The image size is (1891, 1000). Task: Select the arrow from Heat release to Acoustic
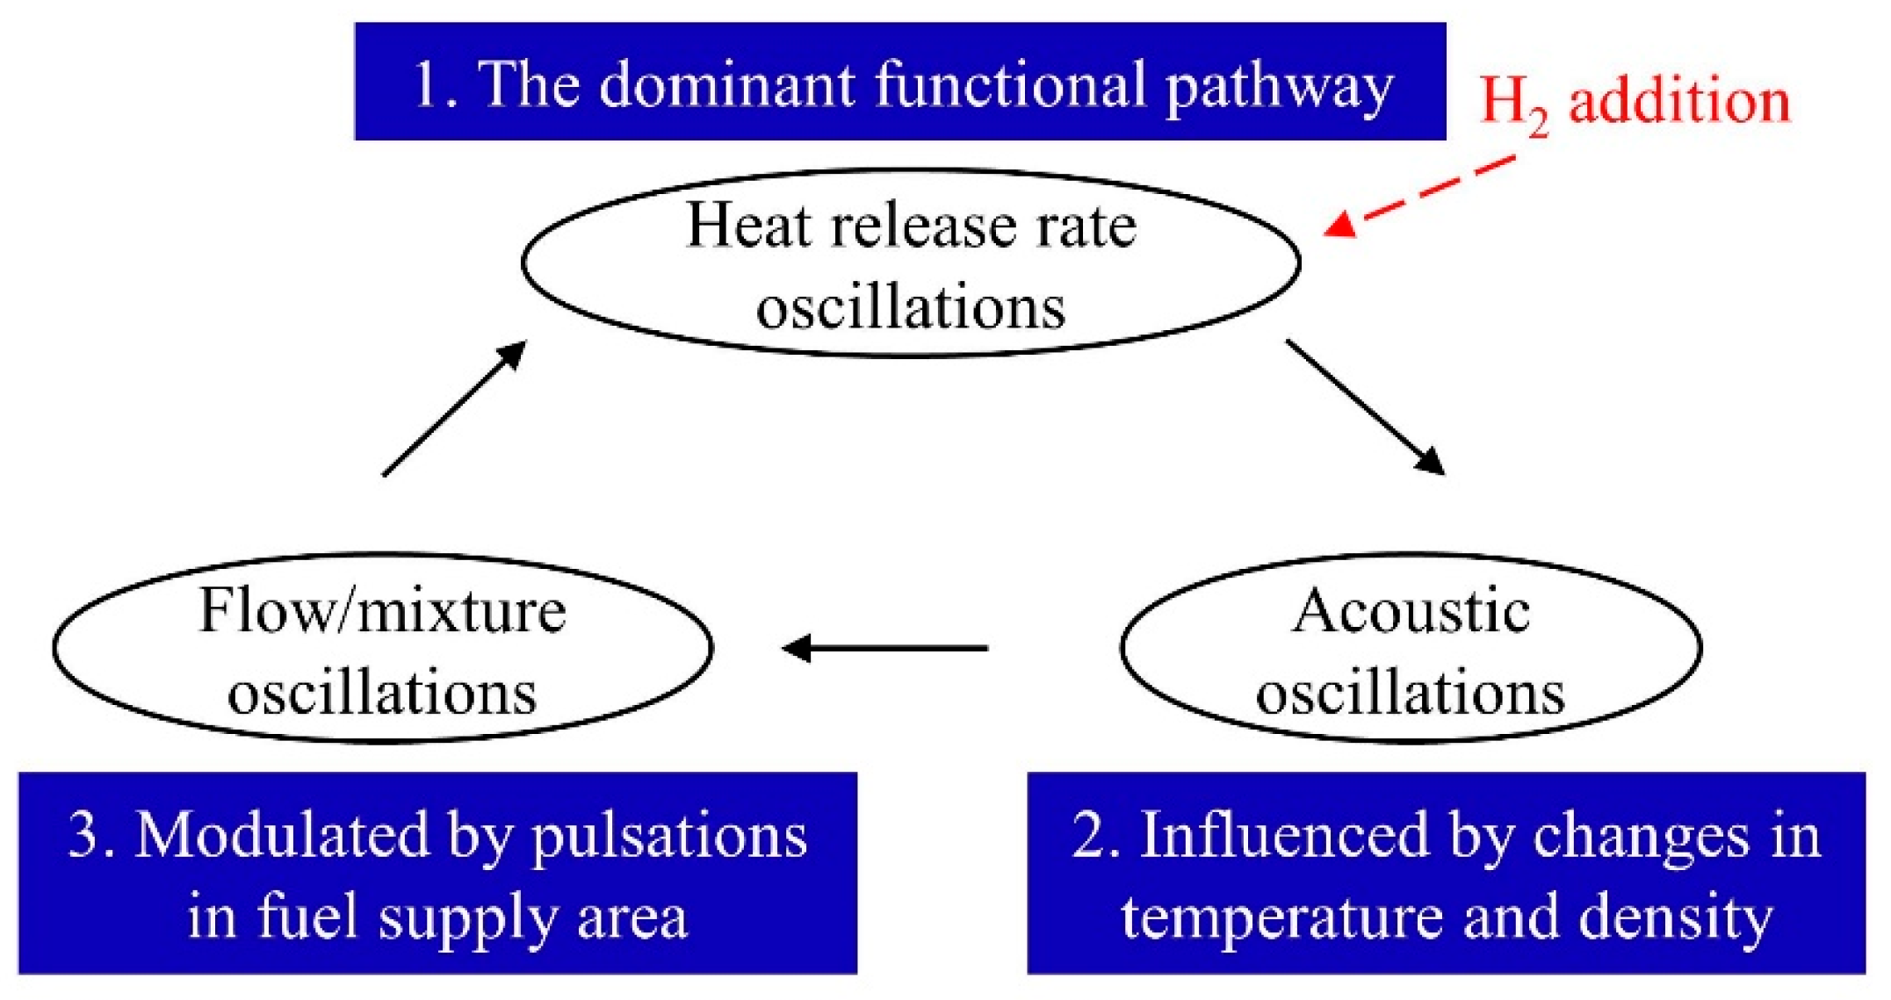point(1366,407)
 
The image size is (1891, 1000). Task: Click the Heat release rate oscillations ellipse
point(911,263)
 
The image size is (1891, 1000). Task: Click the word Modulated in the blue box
point(280,835)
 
